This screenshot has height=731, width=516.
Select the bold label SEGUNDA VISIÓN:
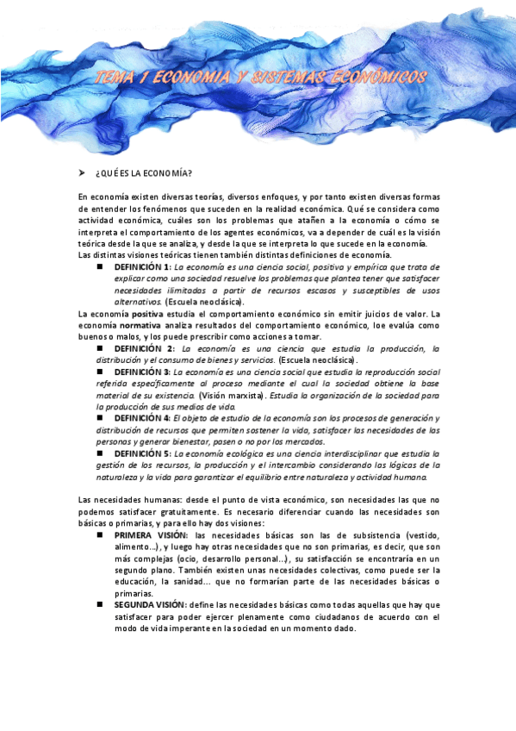point(156,605)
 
